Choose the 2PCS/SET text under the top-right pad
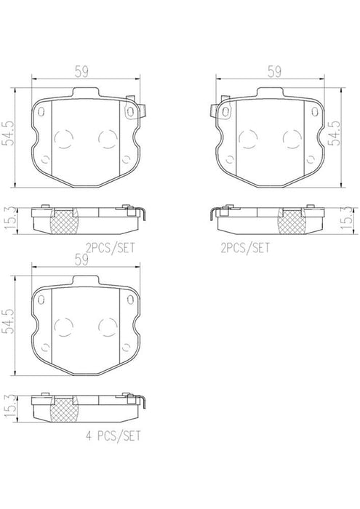244,247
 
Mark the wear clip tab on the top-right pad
215,109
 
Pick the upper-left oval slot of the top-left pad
42,113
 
